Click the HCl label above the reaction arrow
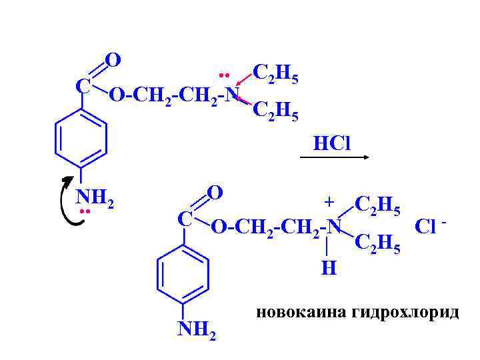tap(332, 143)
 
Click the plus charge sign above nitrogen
tap(328, 201)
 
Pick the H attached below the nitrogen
tap(328, 268)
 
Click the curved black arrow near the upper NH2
tap(67, 199)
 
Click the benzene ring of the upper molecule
tap(81, 138)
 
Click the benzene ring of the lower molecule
tap(182, 272)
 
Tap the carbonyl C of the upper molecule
tap(83, 87)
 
